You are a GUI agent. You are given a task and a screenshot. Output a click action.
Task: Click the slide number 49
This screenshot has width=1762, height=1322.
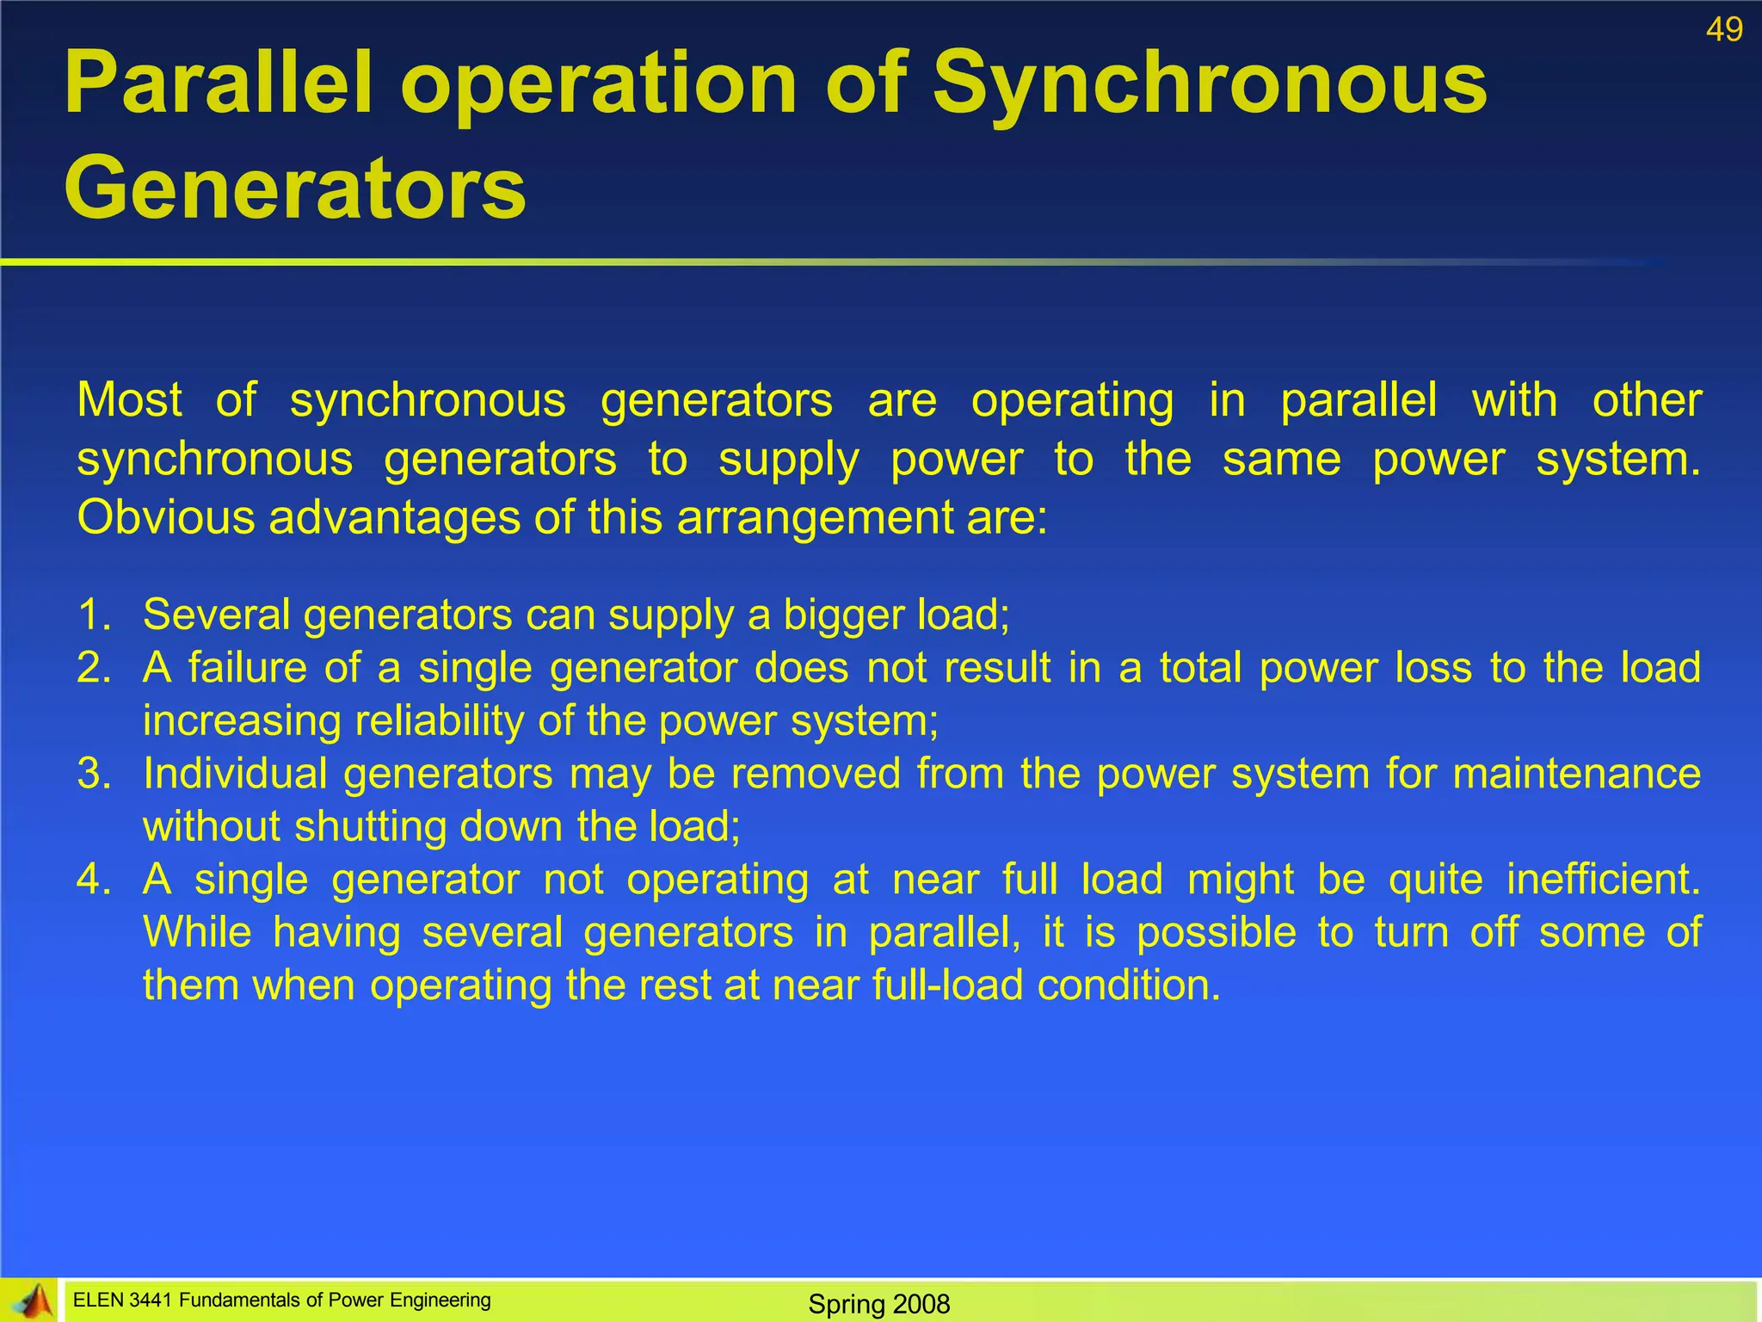(1724, 30)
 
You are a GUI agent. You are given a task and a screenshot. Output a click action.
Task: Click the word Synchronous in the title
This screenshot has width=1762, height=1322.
(1210, 83)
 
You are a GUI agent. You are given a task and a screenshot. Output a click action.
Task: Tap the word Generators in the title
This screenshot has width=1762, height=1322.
(294, 188)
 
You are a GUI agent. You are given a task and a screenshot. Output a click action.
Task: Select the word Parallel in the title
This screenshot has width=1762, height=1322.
(219, 83)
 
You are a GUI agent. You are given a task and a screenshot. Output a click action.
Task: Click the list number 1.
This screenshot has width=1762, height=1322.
(94, 615)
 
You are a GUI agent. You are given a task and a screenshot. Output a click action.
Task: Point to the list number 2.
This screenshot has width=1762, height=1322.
(94, 668)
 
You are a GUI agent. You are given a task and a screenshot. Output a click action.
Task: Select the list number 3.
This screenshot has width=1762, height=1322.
(94, 773)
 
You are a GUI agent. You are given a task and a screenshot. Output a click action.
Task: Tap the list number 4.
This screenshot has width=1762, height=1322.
(94, 880)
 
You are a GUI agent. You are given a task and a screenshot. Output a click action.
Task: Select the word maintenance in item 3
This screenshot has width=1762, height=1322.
(1576, 773)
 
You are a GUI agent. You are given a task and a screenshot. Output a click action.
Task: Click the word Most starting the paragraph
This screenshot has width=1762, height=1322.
(129, 401)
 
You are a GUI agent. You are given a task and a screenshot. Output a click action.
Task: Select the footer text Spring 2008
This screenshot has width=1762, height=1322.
(878, 1304)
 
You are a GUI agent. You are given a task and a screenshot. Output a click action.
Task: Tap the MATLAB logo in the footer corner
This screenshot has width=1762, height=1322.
(31, 1300)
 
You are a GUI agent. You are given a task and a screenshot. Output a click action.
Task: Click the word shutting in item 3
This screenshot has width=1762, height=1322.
(371, 827)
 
